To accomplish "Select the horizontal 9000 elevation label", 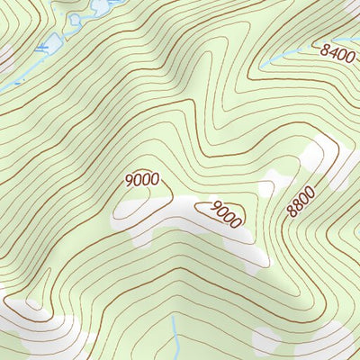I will [142, 180].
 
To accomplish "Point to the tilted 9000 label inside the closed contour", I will [227, 214].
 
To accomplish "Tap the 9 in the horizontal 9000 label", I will [130, 180].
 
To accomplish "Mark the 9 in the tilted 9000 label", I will [216, 208].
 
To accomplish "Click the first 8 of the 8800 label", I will [292, 213].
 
